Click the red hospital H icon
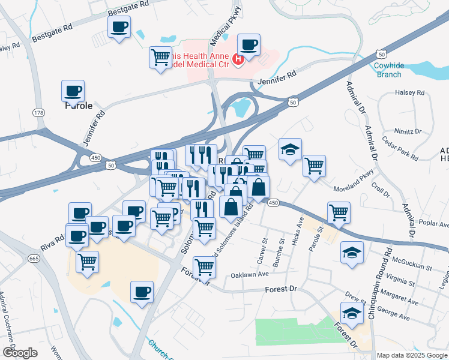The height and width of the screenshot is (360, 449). click(238, 59)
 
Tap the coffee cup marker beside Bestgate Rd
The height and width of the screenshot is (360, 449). click(119, 27)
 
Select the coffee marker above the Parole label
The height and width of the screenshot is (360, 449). click(73, 91)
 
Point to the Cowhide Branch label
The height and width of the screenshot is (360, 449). click(389, 70)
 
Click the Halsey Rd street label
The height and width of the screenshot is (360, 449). click(409, 93)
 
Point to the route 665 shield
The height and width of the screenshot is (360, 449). click(34, 259)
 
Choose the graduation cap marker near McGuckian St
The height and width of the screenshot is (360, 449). click(352, 253)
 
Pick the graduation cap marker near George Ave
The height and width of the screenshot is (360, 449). click(352, 313)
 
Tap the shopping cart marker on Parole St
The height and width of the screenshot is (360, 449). click(339, 212)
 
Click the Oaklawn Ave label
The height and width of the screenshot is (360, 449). click(249, 275)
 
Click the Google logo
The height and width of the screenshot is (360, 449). click(19, 353)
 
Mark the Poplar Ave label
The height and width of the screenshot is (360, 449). click(435, 224)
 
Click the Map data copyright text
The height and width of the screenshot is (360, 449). click(411, 355)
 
